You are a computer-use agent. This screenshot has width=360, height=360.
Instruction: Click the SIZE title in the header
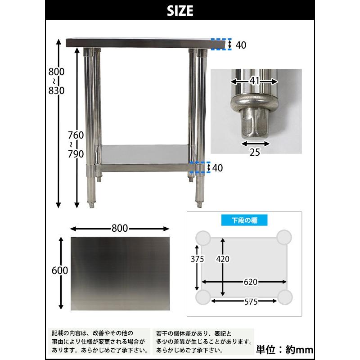coord(180,10)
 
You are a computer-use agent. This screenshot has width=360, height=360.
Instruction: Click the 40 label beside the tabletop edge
coord(241,45)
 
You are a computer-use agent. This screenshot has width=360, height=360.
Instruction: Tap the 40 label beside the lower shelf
coord(218,168)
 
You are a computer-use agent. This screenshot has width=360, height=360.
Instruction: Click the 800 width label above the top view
coord(120,228)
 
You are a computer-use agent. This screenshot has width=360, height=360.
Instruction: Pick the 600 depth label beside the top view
coord(60,270)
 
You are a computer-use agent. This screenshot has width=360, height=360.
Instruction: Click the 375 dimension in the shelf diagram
coord(197,259)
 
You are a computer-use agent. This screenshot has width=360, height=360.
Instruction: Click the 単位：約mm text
coord(284,349)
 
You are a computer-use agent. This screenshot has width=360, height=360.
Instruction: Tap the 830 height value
coord(57,90)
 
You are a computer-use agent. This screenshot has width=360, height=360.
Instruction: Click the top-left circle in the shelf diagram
coord(203,238)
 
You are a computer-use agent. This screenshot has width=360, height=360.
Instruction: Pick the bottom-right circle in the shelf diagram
coord(285,297)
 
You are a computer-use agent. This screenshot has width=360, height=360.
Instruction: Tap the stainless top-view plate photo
coord(120,274)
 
